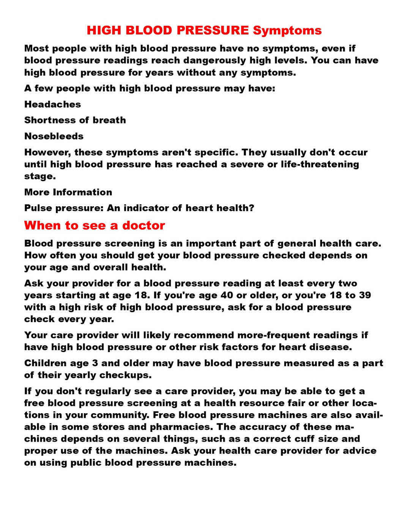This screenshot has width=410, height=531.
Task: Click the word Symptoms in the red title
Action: (x=287, y=30)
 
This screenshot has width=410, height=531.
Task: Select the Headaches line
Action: (x=52, y=104)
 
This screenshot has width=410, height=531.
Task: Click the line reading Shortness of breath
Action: (x=75, y=120)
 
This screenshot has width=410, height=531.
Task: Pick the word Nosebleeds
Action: (x=54, y=136)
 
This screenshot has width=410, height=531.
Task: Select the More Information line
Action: (x=68, y=192)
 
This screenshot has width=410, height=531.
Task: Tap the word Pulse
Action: (x=37, y=208)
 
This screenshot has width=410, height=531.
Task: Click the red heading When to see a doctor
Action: (x=95, y=226)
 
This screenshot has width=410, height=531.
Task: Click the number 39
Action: (x=364, y=295)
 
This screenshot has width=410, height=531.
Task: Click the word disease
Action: (x=334, y=347)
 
